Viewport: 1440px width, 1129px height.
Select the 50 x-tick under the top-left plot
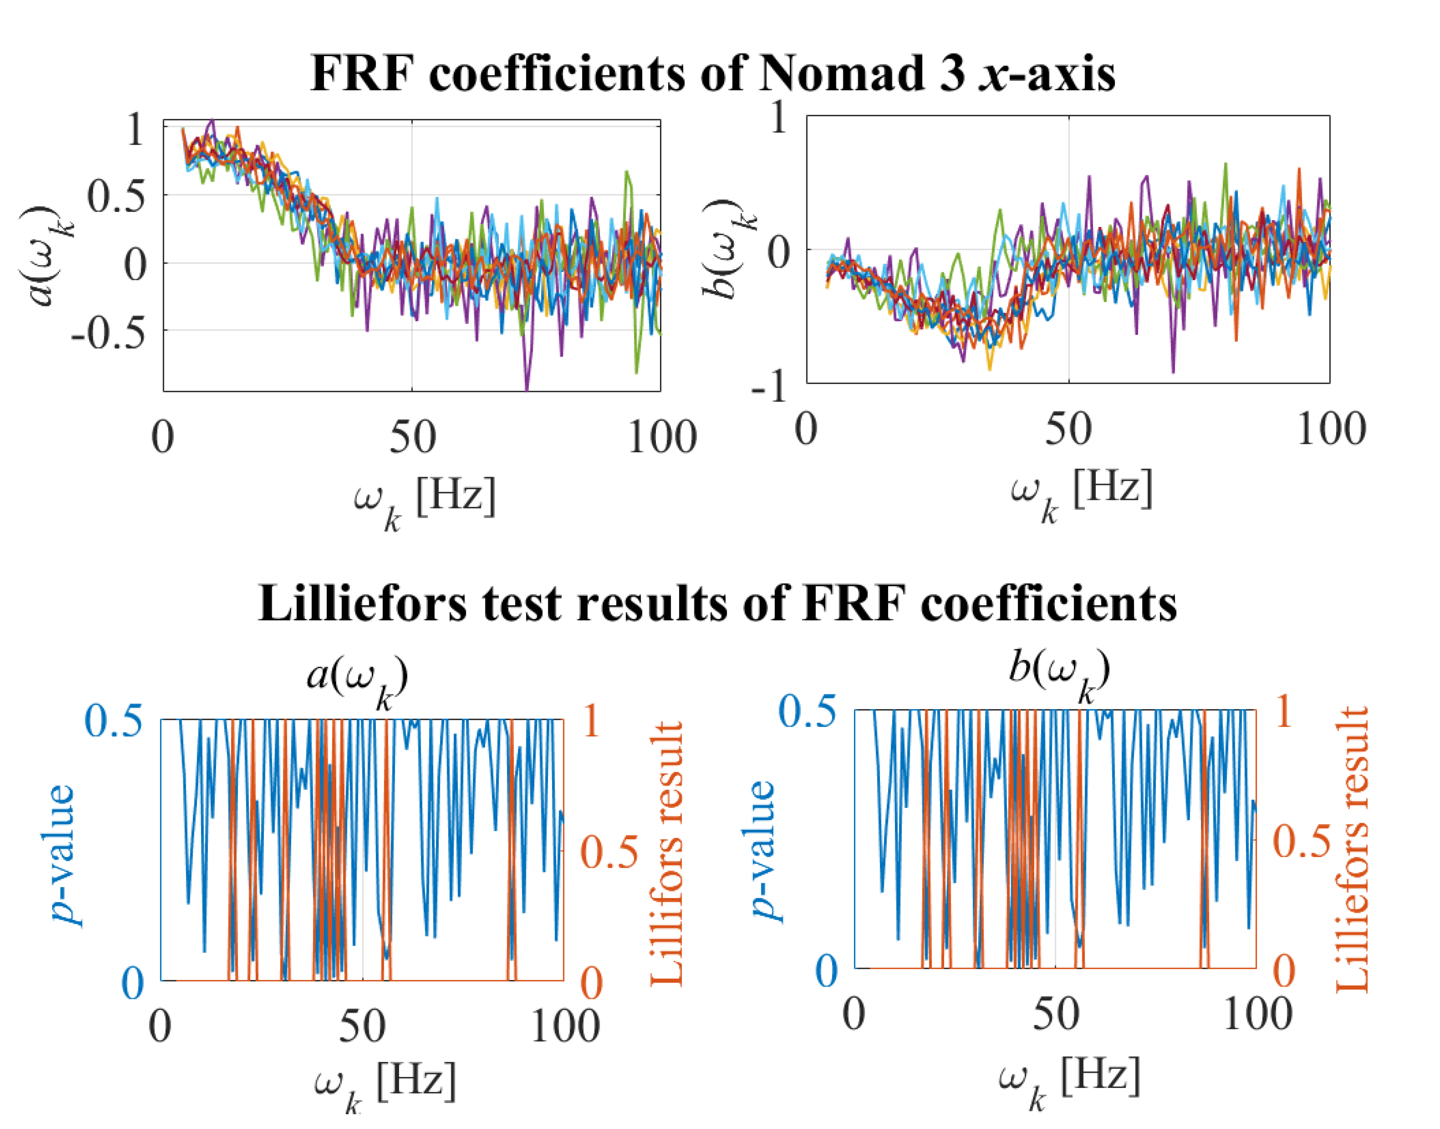412,438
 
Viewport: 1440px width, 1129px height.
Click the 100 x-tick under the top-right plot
1330,430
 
